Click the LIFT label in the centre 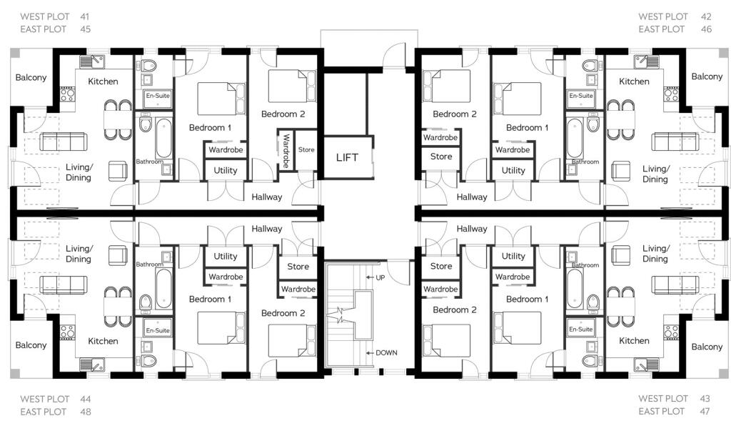348,157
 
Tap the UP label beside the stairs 380,277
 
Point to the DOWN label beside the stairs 386,353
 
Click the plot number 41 84,17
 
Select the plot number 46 706,29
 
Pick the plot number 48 86,412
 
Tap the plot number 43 705,398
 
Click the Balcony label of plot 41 31,77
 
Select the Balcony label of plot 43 707,347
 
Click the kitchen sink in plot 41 92,61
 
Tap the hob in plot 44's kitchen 67,332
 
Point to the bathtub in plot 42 575,138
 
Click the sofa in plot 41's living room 63,142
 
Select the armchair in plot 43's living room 620,255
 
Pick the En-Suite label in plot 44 158,330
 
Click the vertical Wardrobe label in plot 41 286,151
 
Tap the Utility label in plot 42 513,170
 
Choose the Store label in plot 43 441,266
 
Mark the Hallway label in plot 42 472,197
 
